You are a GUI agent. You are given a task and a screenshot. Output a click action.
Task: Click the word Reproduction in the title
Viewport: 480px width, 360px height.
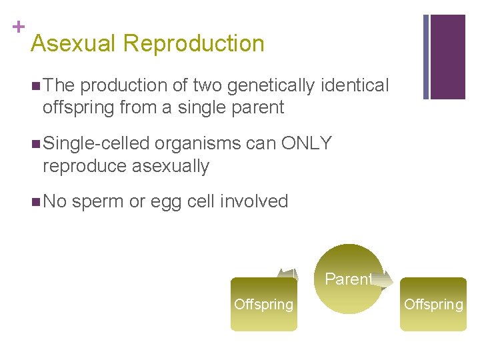click(194, 44)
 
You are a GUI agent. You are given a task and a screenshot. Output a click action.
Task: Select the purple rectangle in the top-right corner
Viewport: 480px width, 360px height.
click(447, 57)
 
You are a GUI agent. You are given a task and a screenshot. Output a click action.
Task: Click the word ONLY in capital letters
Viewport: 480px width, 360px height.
click(306, 143)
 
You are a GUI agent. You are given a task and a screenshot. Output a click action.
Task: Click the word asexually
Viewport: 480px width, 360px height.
click(171, 166)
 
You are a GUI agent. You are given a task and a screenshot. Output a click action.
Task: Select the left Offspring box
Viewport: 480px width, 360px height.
click(263, 305)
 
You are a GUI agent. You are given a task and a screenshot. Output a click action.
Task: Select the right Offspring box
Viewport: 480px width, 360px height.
click(433, 305)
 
